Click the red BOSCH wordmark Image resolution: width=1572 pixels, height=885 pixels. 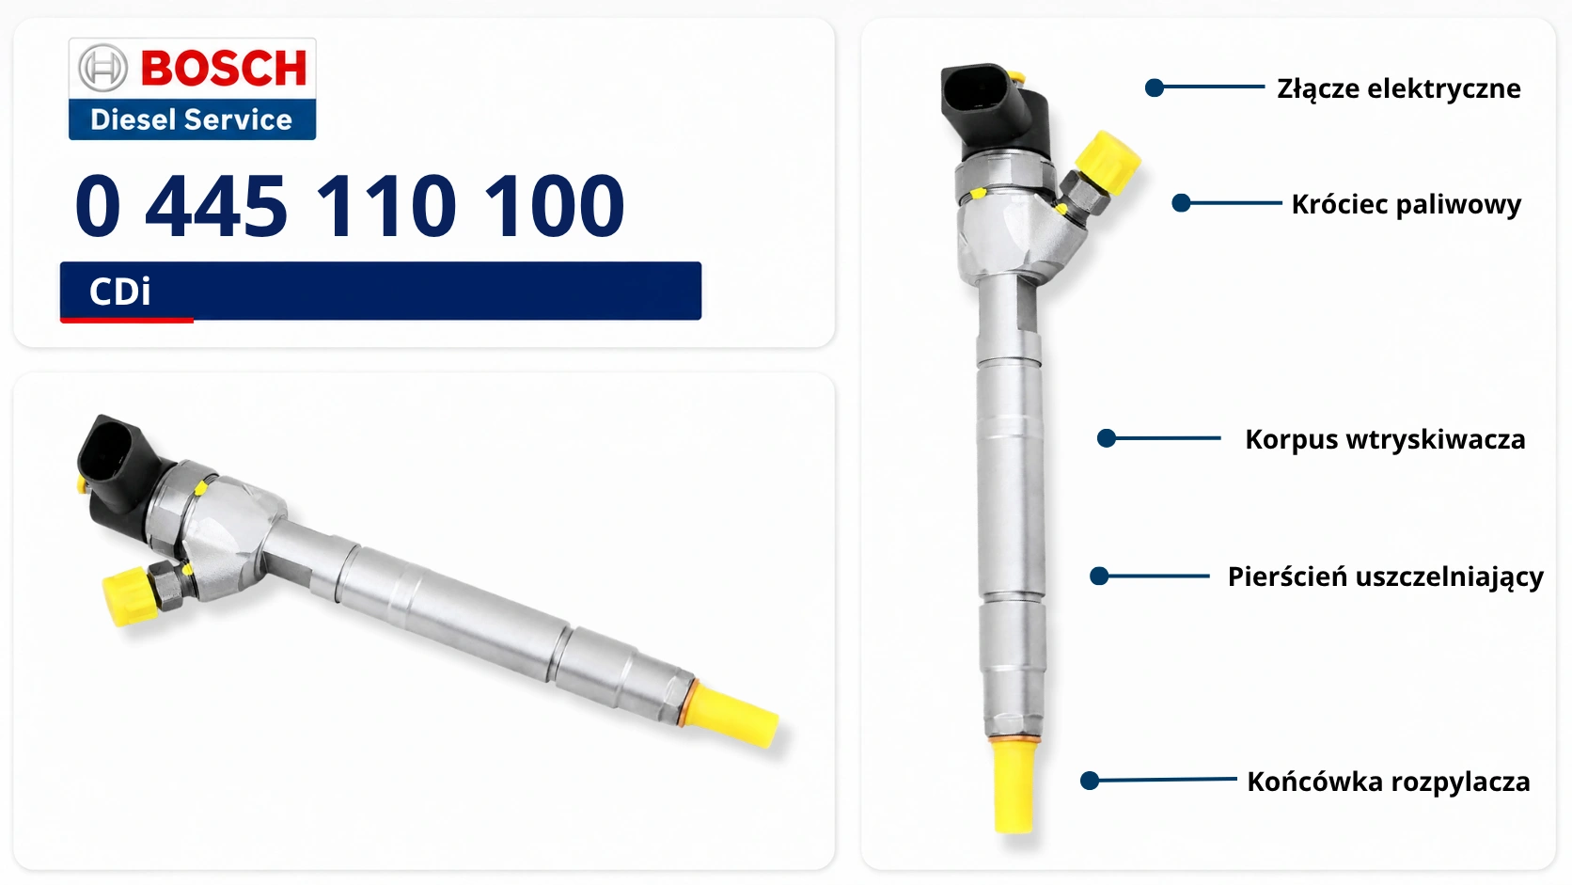pos(224,68)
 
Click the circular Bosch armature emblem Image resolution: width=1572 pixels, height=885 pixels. pos(102,68)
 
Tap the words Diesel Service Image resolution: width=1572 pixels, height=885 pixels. pos(191,119)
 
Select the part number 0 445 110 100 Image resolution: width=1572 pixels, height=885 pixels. pos(350,206)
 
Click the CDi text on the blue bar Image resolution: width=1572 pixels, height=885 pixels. pos(119,292)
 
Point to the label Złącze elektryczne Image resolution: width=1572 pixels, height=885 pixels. pos(1399,89)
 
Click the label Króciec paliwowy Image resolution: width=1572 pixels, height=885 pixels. pos(1407,204)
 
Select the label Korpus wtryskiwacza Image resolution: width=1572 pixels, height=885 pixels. pos(1385,439)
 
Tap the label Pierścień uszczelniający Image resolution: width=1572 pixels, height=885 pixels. pos(1385,577)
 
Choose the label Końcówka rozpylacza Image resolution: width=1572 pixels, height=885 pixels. pos(1388,782)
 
